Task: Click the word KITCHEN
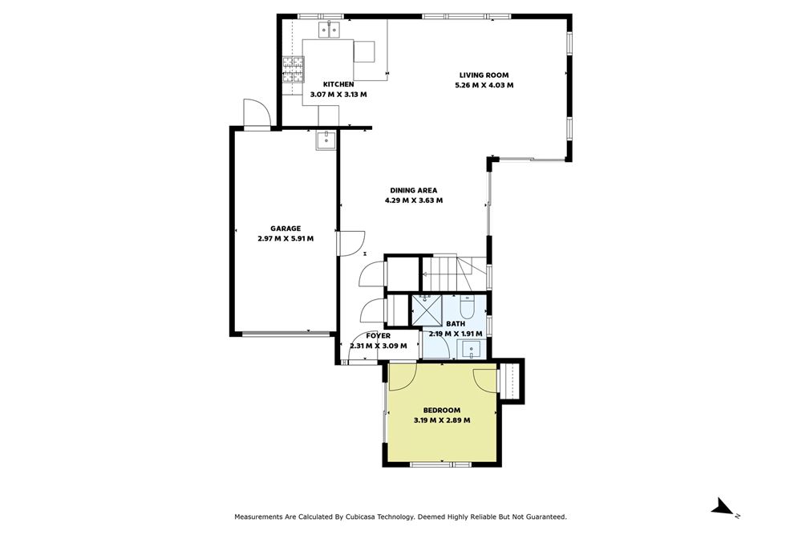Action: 338,84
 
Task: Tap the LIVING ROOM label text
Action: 483,75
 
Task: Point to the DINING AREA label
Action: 414,190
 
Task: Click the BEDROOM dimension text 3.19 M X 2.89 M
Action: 441,419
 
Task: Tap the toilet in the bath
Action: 469,306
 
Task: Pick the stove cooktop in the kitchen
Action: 293,69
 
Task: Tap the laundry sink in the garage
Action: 326,141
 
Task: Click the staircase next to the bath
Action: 453,273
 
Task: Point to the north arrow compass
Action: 723,506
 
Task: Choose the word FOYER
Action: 378,336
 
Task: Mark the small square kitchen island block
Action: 365,51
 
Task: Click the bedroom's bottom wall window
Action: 440,464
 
